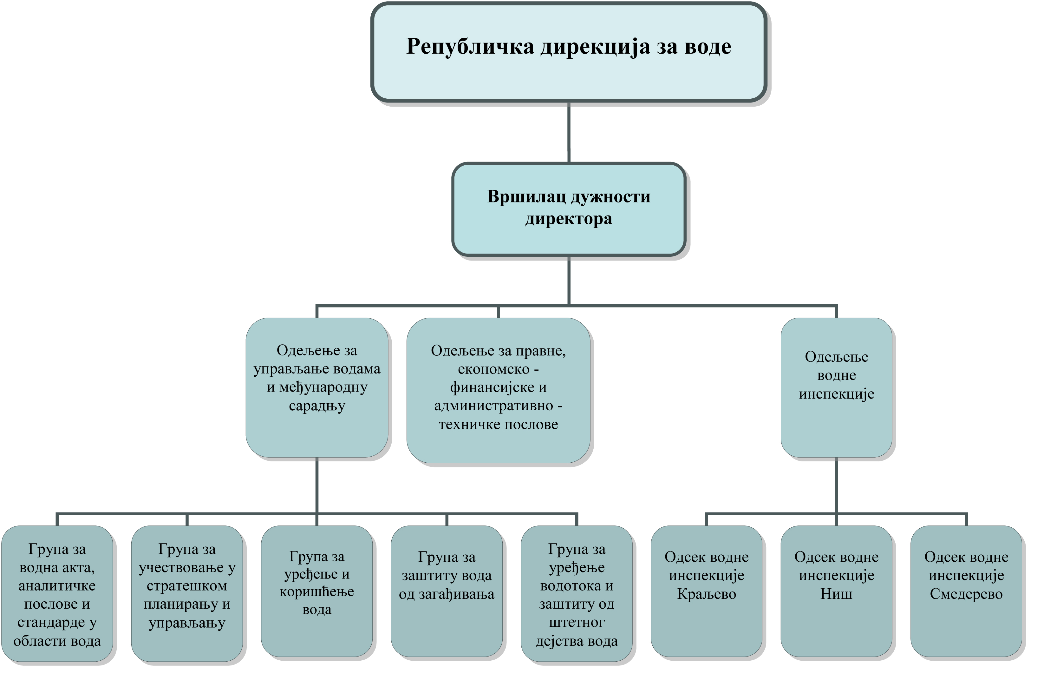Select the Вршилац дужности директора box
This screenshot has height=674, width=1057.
569,209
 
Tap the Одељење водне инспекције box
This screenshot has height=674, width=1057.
836,387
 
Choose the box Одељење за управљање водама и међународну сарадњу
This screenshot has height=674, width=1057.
317,387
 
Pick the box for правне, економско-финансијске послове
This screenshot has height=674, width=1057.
498,390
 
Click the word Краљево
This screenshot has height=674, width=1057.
707,594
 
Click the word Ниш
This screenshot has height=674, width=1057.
837,594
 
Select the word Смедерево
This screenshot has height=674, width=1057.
967,594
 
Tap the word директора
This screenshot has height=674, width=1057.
569,219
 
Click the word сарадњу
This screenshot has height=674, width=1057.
317,406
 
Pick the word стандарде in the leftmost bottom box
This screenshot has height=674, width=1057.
51,622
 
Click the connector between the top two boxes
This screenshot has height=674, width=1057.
569,133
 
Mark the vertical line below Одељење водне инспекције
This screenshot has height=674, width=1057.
836,485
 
